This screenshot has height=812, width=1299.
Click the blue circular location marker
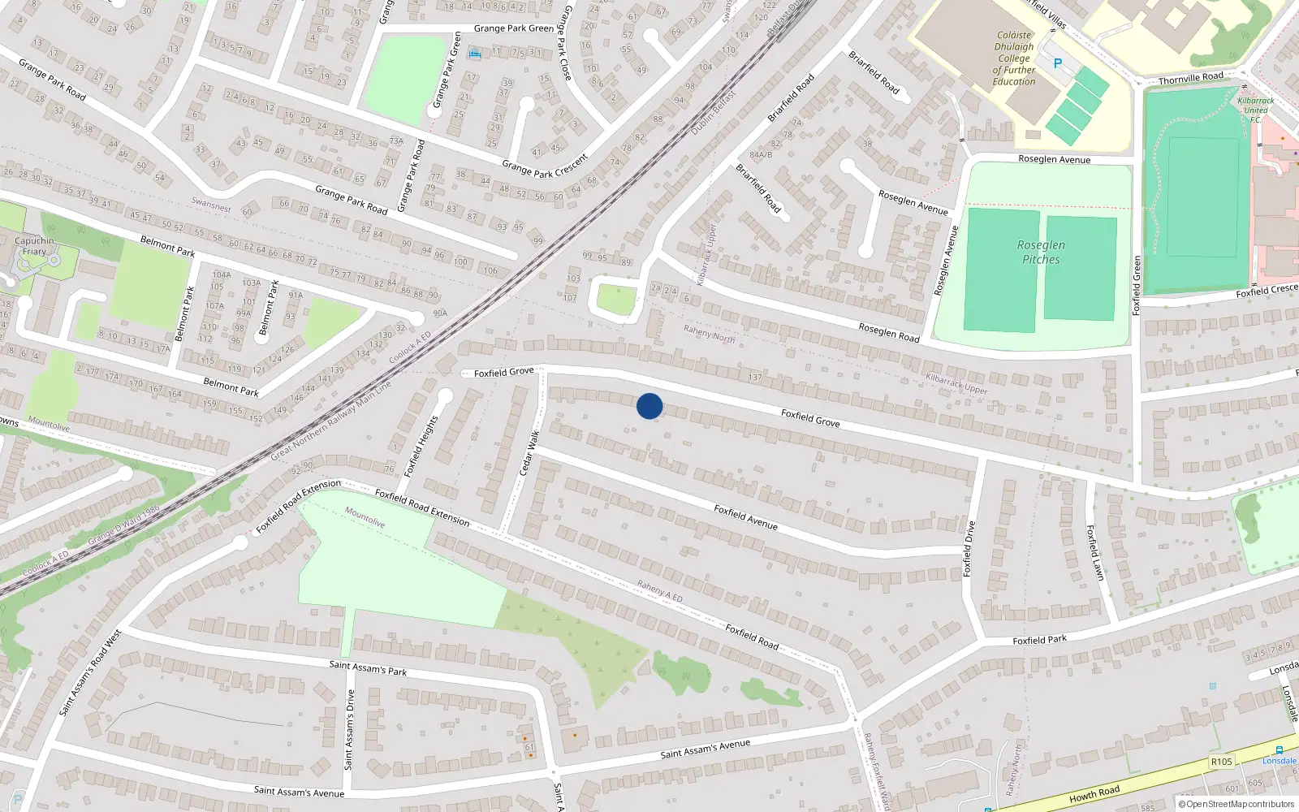pyautogui.click(x=649, y=406)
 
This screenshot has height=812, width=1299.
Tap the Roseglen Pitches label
pyautogui.click(x=1041, y=253)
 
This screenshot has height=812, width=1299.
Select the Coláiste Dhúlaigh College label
pyautogui.click(x=1014, y=58)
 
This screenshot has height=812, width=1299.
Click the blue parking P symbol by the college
pyautogui.click(x=1057, y=63)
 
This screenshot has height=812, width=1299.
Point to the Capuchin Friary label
pyautogui.click(x=34, y=246)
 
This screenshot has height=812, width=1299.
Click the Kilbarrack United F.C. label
pyautogui.click(x=1255, y=110)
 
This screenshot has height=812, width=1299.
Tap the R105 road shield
pyautogui.click(x=1221, y=762)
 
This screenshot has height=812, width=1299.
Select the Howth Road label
pyautogui.click(x=1094, y=793)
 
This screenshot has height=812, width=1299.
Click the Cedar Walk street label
pyautogui.click(x=529, y=453)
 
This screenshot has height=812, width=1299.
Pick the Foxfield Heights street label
pyautogui.click(x=421, y=446)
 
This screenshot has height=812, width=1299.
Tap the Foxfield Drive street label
pyautogui.click(x=968, y=549)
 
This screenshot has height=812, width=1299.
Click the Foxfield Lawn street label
pyautogui.click(x=1095, y=552)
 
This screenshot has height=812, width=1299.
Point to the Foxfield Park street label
pyautogui.click(x=1039, y=640)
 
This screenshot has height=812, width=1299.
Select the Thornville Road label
pyautogui.click(x=1190, y=78)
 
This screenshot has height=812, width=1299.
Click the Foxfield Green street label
pyautogui.click(x=1137, y=285)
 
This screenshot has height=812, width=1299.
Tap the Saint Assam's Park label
pyautogui.click(x=368, y=667)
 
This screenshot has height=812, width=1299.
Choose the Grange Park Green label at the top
pyautogui.click(x=513, y=28)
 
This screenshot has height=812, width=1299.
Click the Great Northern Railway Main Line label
pyautogui.click(x=330, y=421)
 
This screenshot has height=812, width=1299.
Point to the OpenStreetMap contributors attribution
pyautogui.click(x=1236, y=804)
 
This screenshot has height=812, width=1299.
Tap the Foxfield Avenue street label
pyautogui.click(x=745, y=517)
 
